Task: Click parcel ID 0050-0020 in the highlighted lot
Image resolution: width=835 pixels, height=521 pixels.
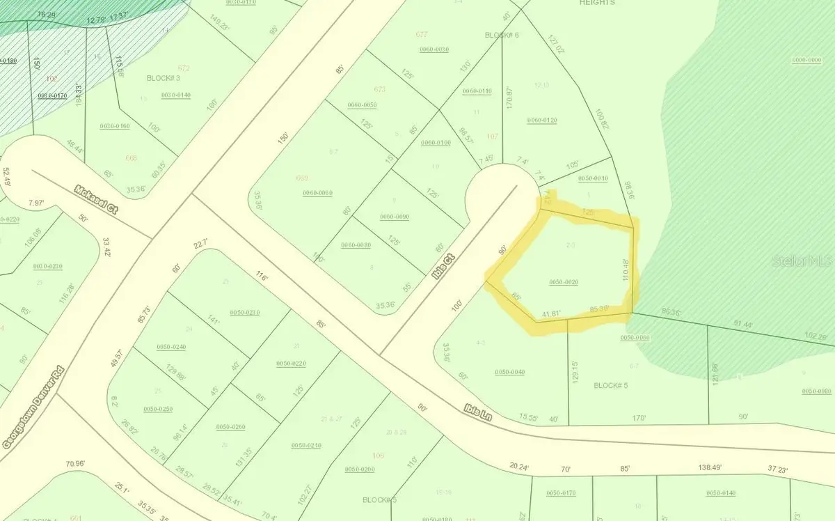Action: (564, 282)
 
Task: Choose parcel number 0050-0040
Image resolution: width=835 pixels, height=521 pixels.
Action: (509, 372)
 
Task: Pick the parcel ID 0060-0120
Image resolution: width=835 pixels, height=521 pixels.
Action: (542, 120)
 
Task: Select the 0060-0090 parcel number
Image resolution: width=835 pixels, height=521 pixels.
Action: (395, 217)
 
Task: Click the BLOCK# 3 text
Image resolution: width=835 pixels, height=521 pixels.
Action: (164, 78)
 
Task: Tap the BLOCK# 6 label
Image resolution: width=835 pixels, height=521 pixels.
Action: (502, 35)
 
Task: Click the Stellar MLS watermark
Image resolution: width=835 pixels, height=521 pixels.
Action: (804, 262)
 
